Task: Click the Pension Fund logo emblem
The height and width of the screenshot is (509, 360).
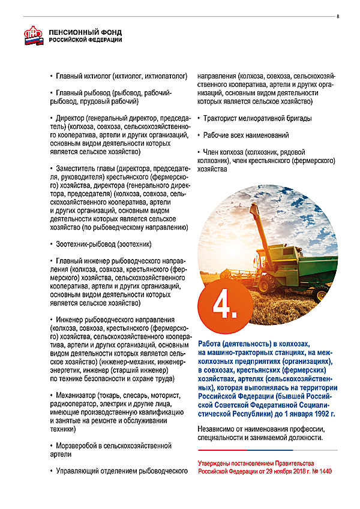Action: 34,36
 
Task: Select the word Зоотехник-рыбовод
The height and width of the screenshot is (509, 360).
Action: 83,245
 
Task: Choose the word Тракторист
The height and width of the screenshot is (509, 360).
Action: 221,119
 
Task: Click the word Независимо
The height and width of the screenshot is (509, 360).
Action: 218,430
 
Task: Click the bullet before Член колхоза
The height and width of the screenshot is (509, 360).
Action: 199,153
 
